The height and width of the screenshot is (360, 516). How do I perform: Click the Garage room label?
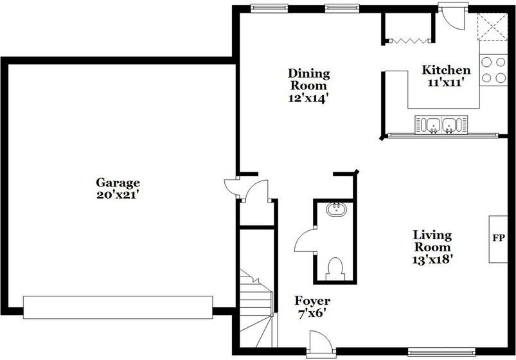[118, 183]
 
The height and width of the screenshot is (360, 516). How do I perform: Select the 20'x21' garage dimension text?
[118, 194]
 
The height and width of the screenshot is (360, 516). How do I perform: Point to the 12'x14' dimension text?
[308, 98]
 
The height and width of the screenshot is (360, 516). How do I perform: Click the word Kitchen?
[446, 70]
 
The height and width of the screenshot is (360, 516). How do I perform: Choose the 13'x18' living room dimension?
[432, 260]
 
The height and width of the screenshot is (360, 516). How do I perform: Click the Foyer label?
[312, 301]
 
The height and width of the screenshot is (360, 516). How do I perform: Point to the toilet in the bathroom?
[335, 268]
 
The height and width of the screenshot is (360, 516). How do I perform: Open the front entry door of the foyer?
[319, 343]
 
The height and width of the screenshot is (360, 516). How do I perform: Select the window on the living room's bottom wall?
[441, 352]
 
